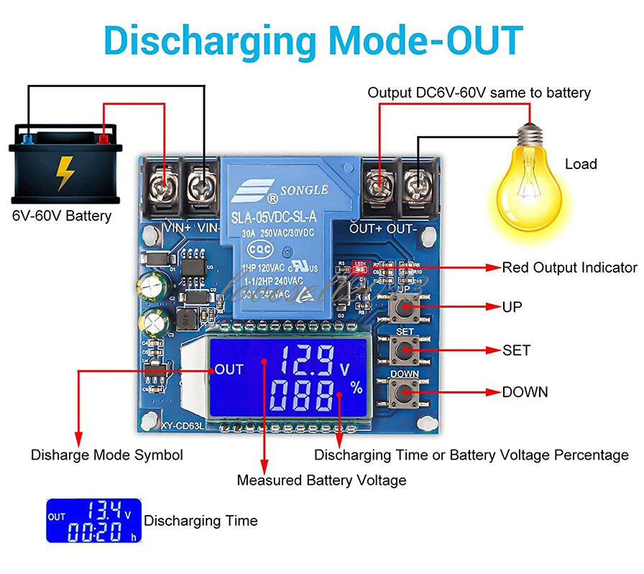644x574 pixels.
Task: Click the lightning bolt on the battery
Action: tap(65, 172)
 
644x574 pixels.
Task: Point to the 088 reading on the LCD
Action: tap(304, 396)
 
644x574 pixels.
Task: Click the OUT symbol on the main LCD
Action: tap(229, 369)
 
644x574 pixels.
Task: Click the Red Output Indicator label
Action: tap(569, 268)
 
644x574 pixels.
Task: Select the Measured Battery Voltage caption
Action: tap(321, 480)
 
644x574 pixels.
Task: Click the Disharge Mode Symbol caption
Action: tap(106, 455)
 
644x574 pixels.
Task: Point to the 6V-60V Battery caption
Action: tap(62, 216)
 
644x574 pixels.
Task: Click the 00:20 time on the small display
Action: tap(96, 532)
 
